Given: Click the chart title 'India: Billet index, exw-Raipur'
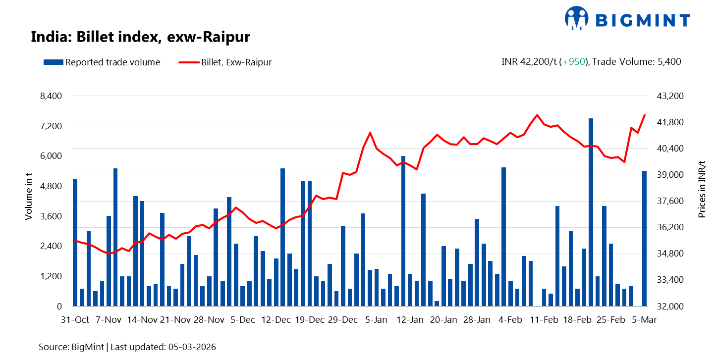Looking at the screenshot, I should (x=140, y=37).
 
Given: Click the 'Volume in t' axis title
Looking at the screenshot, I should (x=29, y=197).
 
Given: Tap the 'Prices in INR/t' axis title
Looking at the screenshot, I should (x=702, y=190).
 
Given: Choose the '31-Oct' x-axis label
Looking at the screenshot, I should (x=75, y=320).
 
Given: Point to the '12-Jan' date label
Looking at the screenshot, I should (x=410, y=320).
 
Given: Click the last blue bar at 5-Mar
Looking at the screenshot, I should (x=645, y=238).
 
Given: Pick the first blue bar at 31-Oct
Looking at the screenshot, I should (x=75, y=242).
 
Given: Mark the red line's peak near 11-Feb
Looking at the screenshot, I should (x=537, y=115).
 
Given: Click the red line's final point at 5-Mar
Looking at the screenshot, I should (x=645, y=115).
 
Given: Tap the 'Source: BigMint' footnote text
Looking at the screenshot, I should (x=127, y=347).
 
